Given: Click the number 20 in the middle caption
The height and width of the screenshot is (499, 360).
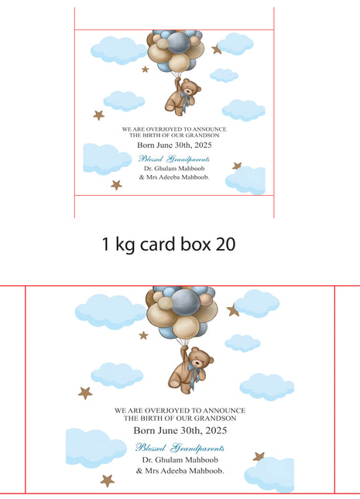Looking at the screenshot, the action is pos(225,244).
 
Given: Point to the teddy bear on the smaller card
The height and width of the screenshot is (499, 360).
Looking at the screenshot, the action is pos(182,96).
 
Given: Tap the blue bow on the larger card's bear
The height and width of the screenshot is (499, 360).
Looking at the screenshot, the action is pos(194,372).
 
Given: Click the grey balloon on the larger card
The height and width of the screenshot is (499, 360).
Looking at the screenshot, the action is pos(185,302).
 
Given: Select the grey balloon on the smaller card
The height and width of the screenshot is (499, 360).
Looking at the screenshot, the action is pos(179,43).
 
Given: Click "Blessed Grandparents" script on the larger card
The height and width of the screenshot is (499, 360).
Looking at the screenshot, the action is pos(180,448).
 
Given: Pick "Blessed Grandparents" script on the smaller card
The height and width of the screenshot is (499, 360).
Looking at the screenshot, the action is pos(174,159).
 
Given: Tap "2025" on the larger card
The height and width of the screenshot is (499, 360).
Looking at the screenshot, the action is pos(216,431).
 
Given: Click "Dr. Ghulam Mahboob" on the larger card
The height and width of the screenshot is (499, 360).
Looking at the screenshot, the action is pos(180,460).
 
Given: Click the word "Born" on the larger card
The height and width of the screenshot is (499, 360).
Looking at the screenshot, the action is pos(142,431).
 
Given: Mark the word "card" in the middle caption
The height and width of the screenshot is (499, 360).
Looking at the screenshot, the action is pos(158,244).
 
